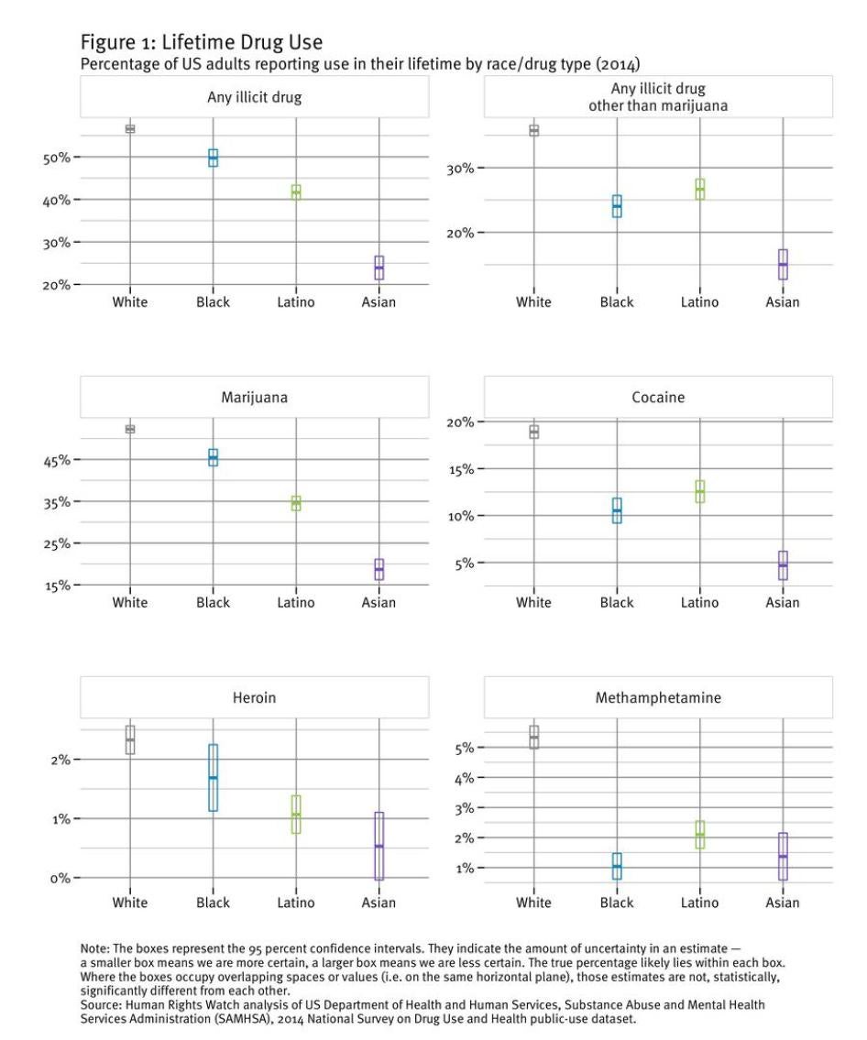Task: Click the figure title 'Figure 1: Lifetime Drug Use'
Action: point(201,43)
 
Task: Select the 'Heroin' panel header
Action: point(254,697)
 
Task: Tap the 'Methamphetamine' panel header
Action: point(657,697)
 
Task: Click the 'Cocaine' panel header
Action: point(657,398)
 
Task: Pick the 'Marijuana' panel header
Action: point(254,398)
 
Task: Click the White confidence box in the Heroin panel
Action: point(130,739)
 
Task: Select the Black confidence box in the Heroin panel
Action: point(213,777)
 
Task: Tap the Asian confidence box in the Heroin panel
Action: point(379,846)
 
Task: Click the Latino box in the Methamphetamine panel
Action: point(699,834)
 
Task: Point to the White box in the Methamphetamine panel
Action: point(533,737)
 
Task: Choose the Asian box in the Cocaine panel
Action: point(783,565)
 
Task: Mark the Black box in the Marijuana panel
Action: point(213,457)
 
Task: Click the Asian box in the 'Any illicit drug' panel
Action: point(379,268)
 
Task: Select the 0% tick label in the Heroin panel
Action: point(60,878)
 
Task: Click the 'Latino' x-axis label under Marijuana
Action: point(295,602)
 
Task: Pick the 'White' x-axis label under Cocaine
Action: point(533,602)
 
